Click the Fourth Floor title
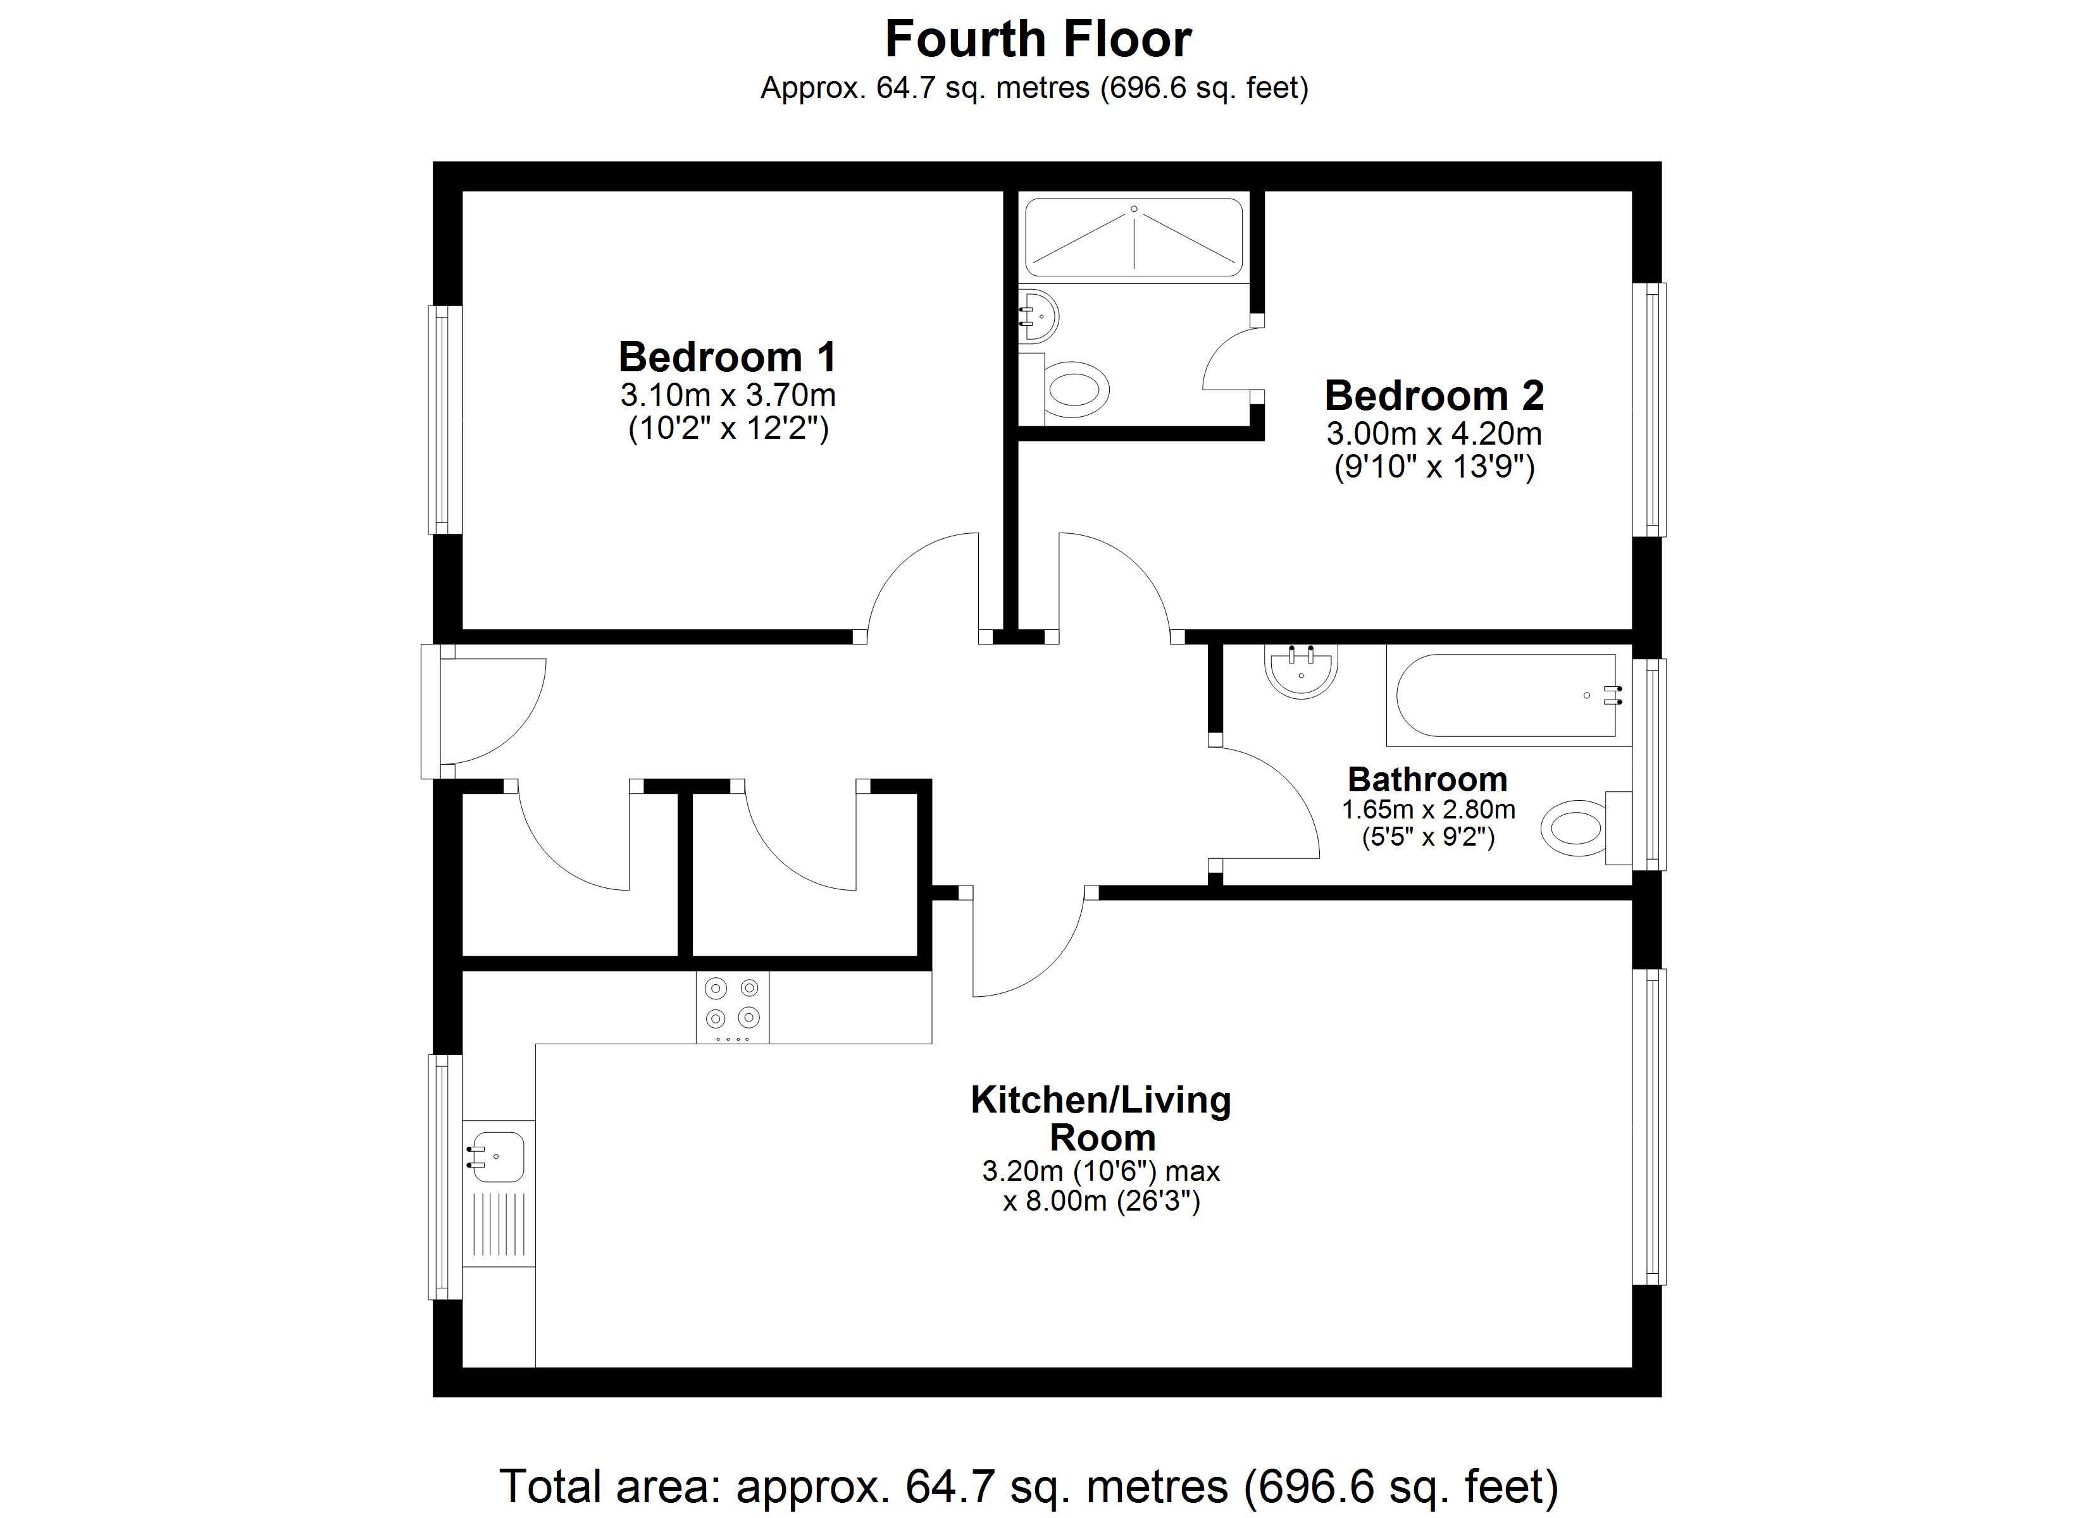(1038, 40)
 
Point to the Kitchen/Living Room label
(1101, 1118)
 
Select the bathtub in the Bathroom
(1505, 695)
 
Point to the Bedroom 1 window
(445, 419)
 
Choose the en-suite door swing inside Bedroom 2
(1229, 362)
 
